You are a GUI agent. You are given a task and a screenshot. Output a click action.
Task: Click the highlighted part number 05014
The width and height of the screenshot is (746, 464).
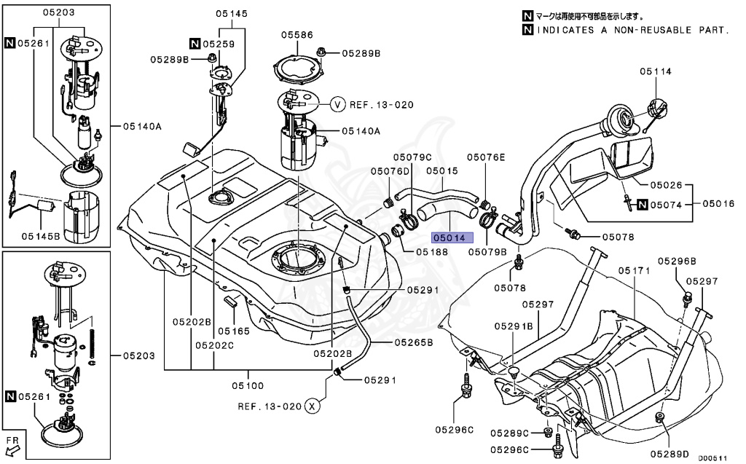[452, 237]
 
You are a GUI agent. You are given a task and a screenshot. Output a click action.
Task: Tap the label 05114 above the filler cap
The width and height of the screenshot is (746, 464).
[656, 71]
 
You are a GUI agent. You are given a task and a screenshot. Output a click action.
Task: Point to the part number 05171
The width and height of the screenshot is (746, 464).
[634, 270]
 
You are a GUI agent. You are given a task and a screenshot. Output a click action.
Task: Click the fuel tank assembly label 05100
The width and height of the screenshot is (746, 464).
[248, 385]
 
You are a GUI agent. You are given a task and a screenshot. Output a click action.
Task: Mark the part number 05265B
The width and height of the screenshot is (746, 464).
[414, 342]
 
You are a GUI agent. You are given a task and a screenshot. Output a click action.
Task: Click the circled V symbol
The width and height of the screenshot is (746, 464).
[337, 105]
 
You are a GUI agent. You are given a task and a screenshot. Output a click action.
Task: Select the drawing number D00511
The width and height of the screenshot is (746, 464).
[713, 458]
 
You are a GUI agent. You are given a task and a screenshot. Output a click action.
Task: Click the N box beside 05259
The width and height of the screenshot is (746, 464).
[195, 44]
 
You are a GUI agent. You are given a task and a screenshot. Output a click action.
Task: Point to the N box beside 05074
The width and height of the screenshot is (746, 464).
[642, 205]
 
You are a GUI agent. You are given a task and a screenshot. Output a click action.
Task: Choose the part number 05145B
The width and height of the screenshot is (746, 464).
[38, 235]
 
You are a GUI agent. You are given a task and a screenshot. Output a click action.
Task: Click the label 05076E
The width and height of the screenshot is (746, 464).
[485, 157]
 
